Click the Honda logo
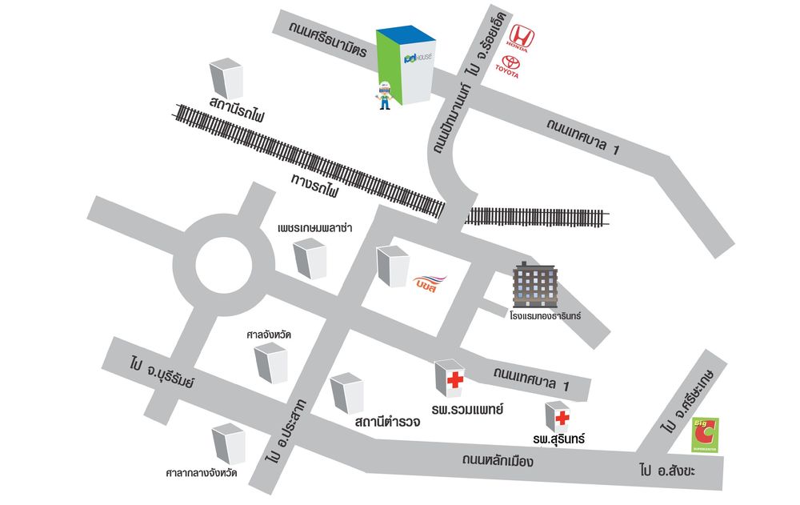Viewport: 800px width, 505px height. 522,37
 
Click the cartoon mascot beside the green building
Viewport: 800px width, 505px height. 385,95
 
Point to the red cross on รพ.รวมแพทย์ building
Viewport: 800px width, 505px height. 455,380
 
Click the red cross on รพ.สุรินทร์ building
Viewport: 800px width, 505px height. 562,417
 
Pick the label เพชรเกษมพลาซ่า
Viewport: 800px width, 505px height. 315,228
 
